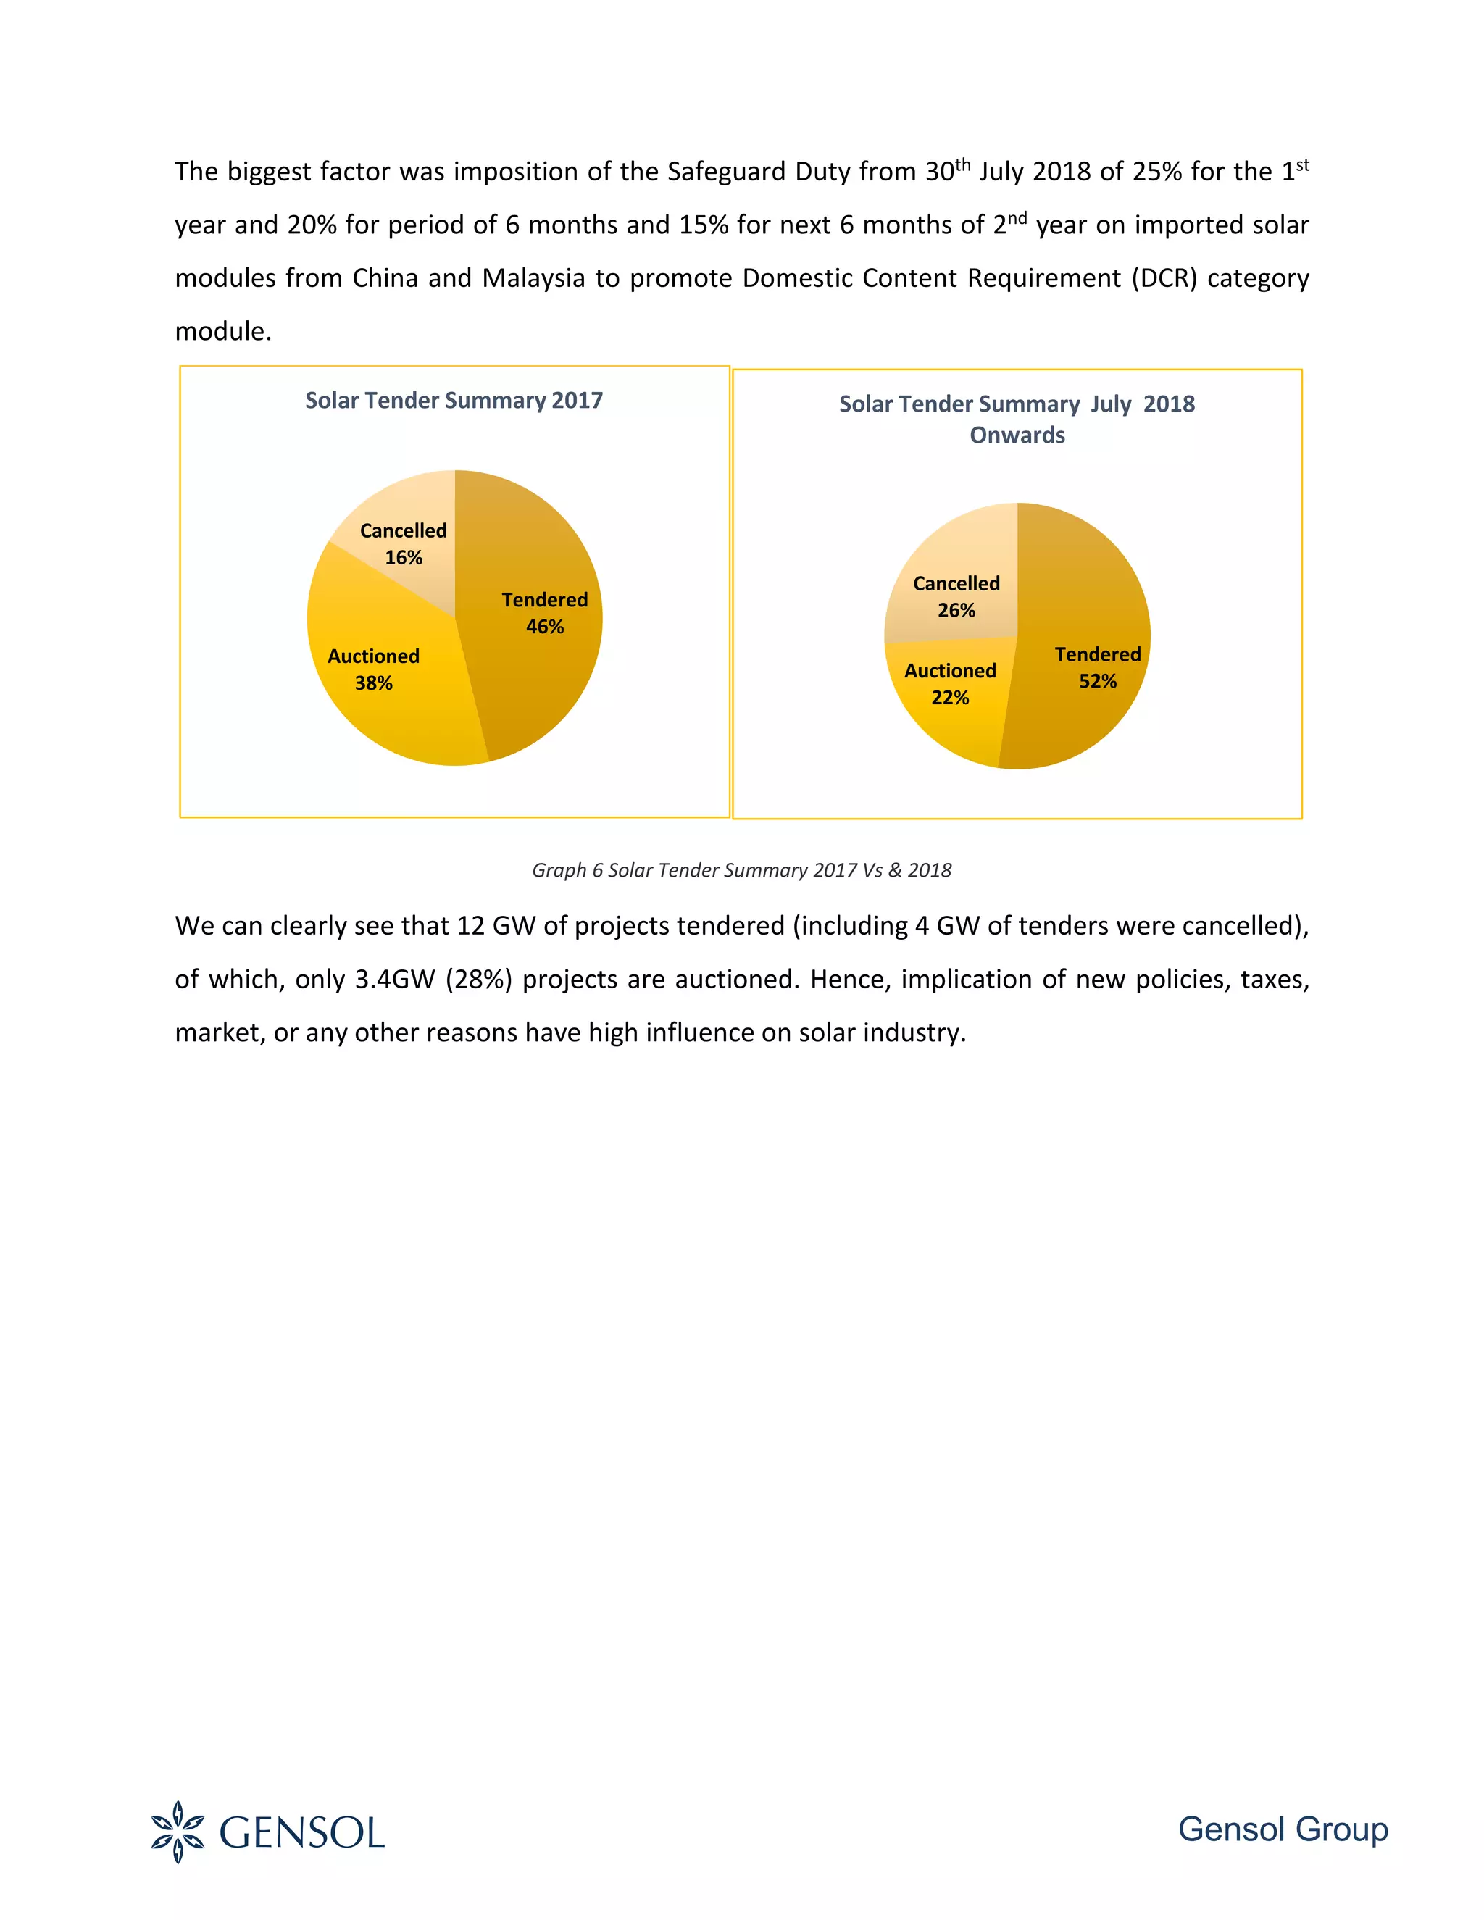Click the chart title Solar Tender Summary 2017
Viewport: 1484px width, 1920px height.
454,401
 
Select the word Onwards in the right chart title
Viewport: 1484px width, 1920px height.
1017,435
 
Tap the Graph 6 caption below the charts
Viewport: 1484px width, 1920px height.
741,870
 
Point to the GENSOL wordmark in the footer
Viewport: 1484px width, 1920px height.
301,1833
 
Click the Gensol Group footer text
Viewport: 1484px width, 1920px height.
1283,1829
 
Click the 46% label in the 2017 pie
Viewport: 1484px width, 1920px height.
545,627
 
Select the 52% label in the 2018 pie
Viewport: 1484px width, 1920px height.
1098,681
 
